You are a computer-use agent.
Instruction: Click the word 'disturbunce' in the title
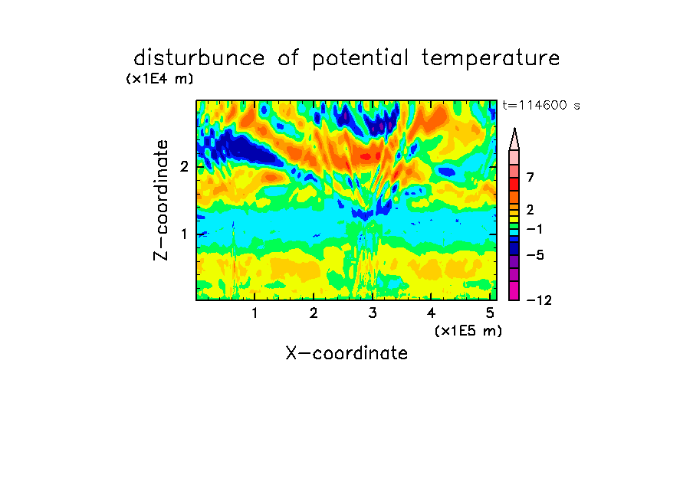point(199,57)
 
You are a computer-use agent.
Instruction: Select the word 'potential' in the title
point(360,59)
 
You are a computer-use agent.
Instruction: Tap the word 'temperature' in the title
point(491,59)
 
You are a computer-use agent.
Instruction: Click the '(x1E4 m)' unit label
point(159,79)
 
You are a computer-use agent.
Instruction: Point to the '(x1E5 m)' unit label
point(468,330)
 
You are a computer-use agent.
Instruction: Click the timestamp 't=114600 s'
point(541,105)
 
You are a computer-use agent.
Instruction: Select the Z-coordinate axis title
point(161,200)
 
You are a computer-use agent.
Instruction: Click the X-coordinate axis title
point(346,353)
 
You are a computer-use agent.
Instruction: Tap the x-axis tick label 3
point(373,313)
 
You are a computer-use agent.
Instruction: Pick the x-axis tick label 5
point(490,313)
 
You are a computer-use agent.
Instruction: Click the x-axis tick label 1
point(255,313)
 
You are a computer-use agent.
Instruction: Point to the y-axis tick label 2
point(184,167)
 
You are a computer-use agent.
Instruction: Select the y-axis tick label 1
point(184,234)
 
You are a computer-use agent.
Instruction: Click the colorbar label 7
point(530,178)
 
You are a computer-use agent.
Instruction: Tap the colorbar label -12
point(539,300)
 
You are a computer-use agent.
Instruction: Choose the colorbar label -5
point(535,255)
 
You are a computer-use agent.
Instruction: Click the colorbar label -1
point(534,229)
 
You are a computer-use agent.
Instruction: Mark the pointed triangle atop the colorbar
point(514,139)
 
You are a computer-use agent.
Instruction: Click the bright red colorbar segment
point(514,184)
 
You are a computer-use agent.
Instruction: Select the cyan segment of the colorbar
point(514,232)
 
